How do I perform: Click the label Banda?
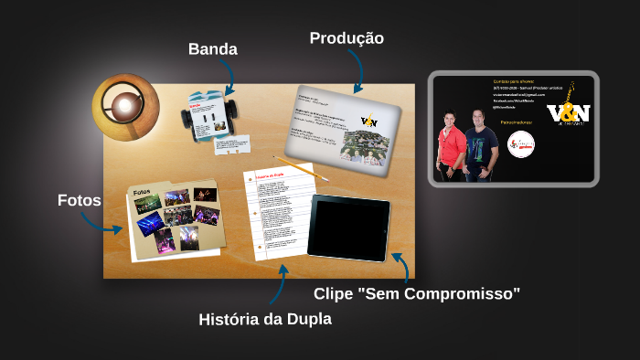pos(212,48)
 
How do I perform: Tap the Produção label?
pos(347,37)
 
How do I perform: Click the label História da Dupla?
pos(265,319)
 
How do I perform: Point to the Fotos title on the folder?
pos(142,193)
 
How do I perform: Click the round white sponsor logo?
pos(520,143)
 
